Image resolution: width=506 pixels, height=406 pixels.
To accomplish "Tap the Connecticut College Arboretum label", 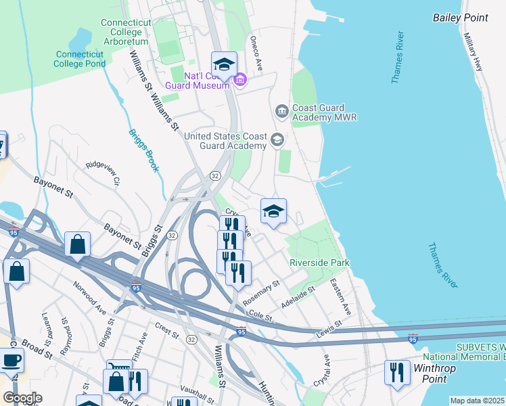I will [x=131, y=28].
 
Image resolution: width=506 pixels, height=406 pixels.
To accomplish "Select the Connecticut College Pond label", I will [x=80, y=59].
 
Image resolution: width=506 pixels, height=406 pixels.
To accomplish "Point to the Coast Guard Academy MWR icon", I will [x=281, y=110].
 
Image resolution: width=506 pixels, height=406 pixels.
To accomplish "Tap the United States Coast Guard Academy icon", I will [x=276, y=140].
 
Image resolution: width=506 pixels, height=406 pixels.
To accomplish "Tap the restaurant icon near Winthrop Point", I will [x=396, y=372].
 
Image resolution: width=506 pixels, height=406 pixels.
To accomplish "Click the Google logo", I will [x=23, y=398].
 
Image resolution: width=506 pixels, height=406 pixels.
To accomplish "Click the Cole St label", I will [x=260, y=315].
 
